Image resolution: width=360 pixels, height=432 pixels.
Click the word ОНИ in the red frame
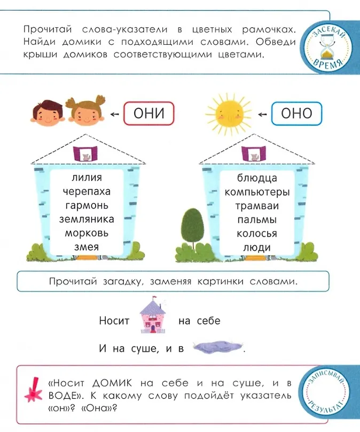pyautogui.click(x=150, y=114)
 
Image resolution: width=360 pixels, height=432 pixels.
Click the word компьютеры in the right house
pyautogui.click(x=257, y=191)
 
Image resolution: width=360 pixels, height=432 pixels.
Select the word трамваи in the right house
pyautogui.click(x=257, y=205)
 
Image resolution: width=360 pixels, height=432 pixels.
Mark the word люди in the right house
pyautogui.click(x=257, y=247)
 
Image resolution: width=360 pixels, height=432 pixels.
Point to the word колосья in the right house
pyautogui.click(x=257, y=233)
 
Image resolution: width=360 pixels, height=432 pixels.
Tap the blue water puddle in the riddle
pyautogui.click(x=213, y=347)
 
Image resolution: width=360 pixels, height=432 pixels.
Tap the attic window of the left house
pyautogui.click(x=86, y=153)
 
